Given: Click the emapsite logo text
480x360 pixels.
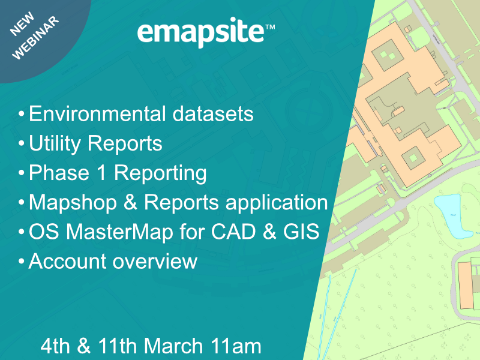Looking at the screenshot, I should click(200, 33).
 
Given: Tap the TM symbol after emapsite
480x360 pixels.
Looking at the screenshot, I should click(270, 27).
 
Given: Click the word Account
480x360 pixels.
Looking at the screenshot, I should click(66, 262).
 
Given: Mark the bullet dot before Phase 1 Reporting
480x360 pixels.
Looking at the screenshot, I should click(22, 174).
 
